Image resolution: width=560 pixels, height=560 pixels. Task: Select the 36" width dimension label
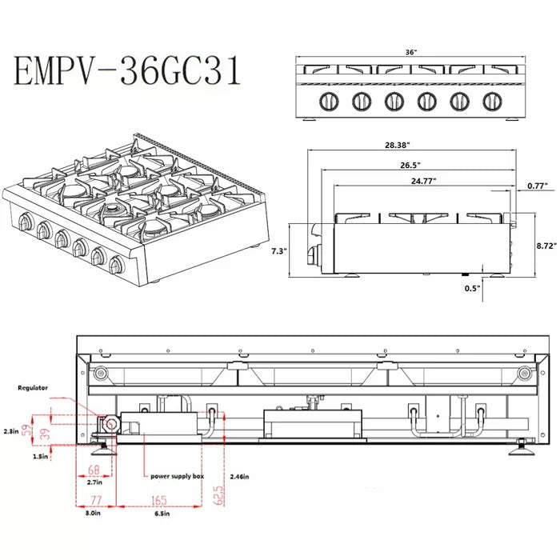pos(410,51)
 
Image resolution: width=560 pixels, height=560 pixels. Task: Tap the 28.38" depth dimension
pos(397,146)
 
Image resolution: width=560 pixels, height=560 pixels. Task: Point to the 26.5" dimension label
pos(411,166)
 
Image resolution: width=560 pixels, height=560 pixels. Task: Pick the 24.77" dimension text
pos(424,182)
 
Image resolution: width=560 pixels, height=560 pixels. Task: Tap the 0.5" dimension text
pos(472,289)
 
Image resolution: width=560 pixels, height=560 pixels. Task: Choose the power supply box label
pos(177,476)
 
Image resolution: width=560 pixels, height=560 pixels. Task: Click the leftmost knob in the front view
pos(327,101)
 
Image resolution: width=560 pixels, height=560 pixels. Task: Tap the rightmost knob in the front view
pos(492,101)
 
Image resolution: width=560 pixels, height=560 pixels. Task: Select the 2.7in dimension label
pos(94,483)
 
